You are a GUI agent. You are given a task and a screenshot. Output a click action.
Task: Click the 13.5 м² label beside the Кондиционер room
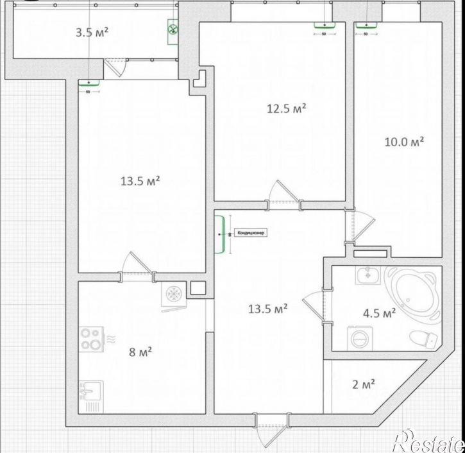[267, 309]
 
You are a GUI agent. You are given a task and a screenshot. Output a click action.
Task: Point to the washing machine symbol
[355, 338]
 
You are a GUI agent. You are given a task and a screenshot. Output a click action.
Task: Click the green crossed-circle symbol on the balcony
[173, 28]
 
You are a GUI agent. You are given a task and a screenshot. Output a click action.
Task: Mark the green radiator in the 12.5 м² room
[323, 26]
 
